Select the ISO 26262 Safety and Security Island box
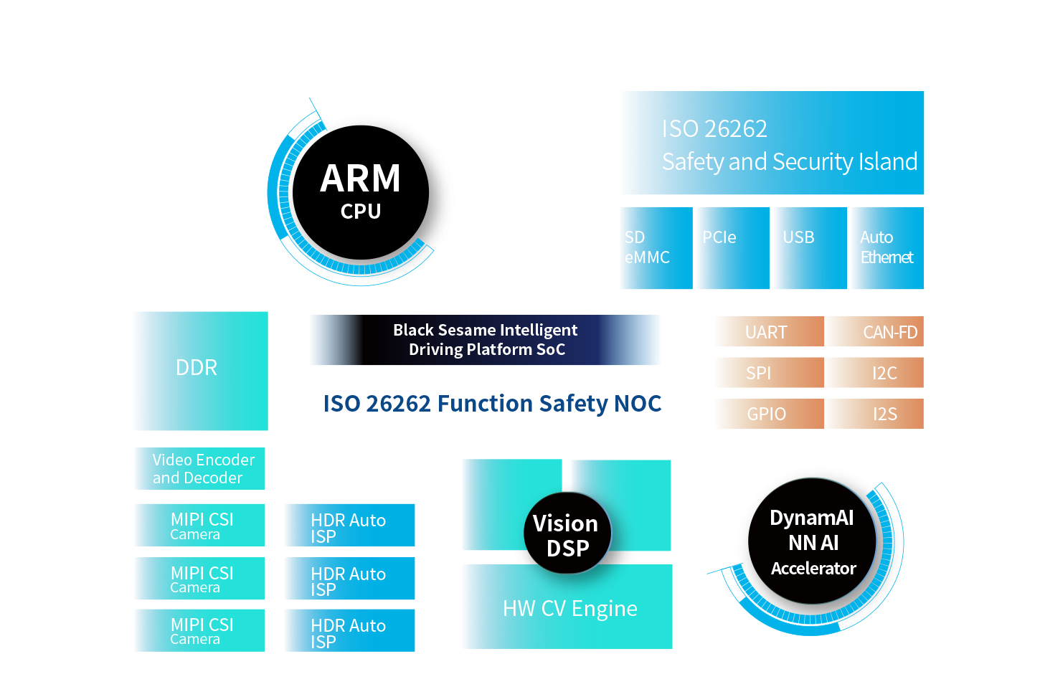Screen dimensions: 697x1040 tap(772, 143)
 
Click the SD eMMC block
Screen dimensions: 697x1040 tap(656, 248)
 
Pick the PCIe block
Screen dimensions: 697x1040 tap(732, 248)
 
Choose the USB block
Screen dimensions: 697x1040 tap(810, 248)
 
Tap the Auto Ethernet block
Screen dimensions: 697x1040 tap(887, 248)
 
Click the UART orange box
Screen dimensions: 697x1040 tap(768, 332)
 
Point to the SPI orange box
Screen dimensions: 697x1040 tap(768, 373)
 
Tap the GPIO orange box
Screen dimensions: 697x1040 tap(768, 414)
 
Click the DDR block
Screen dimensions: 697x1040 tap(200, 370)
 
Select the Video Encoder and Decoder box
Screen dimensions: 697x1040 tap(200, 469)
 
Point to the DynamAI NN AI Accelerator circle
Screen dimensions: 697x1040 tap(813, 542)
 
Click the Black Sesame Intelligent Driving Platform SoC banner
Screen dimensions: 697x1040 tap(486, 340)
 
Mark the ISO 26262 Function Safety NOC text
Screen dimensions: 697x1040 tap(492, 404)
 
